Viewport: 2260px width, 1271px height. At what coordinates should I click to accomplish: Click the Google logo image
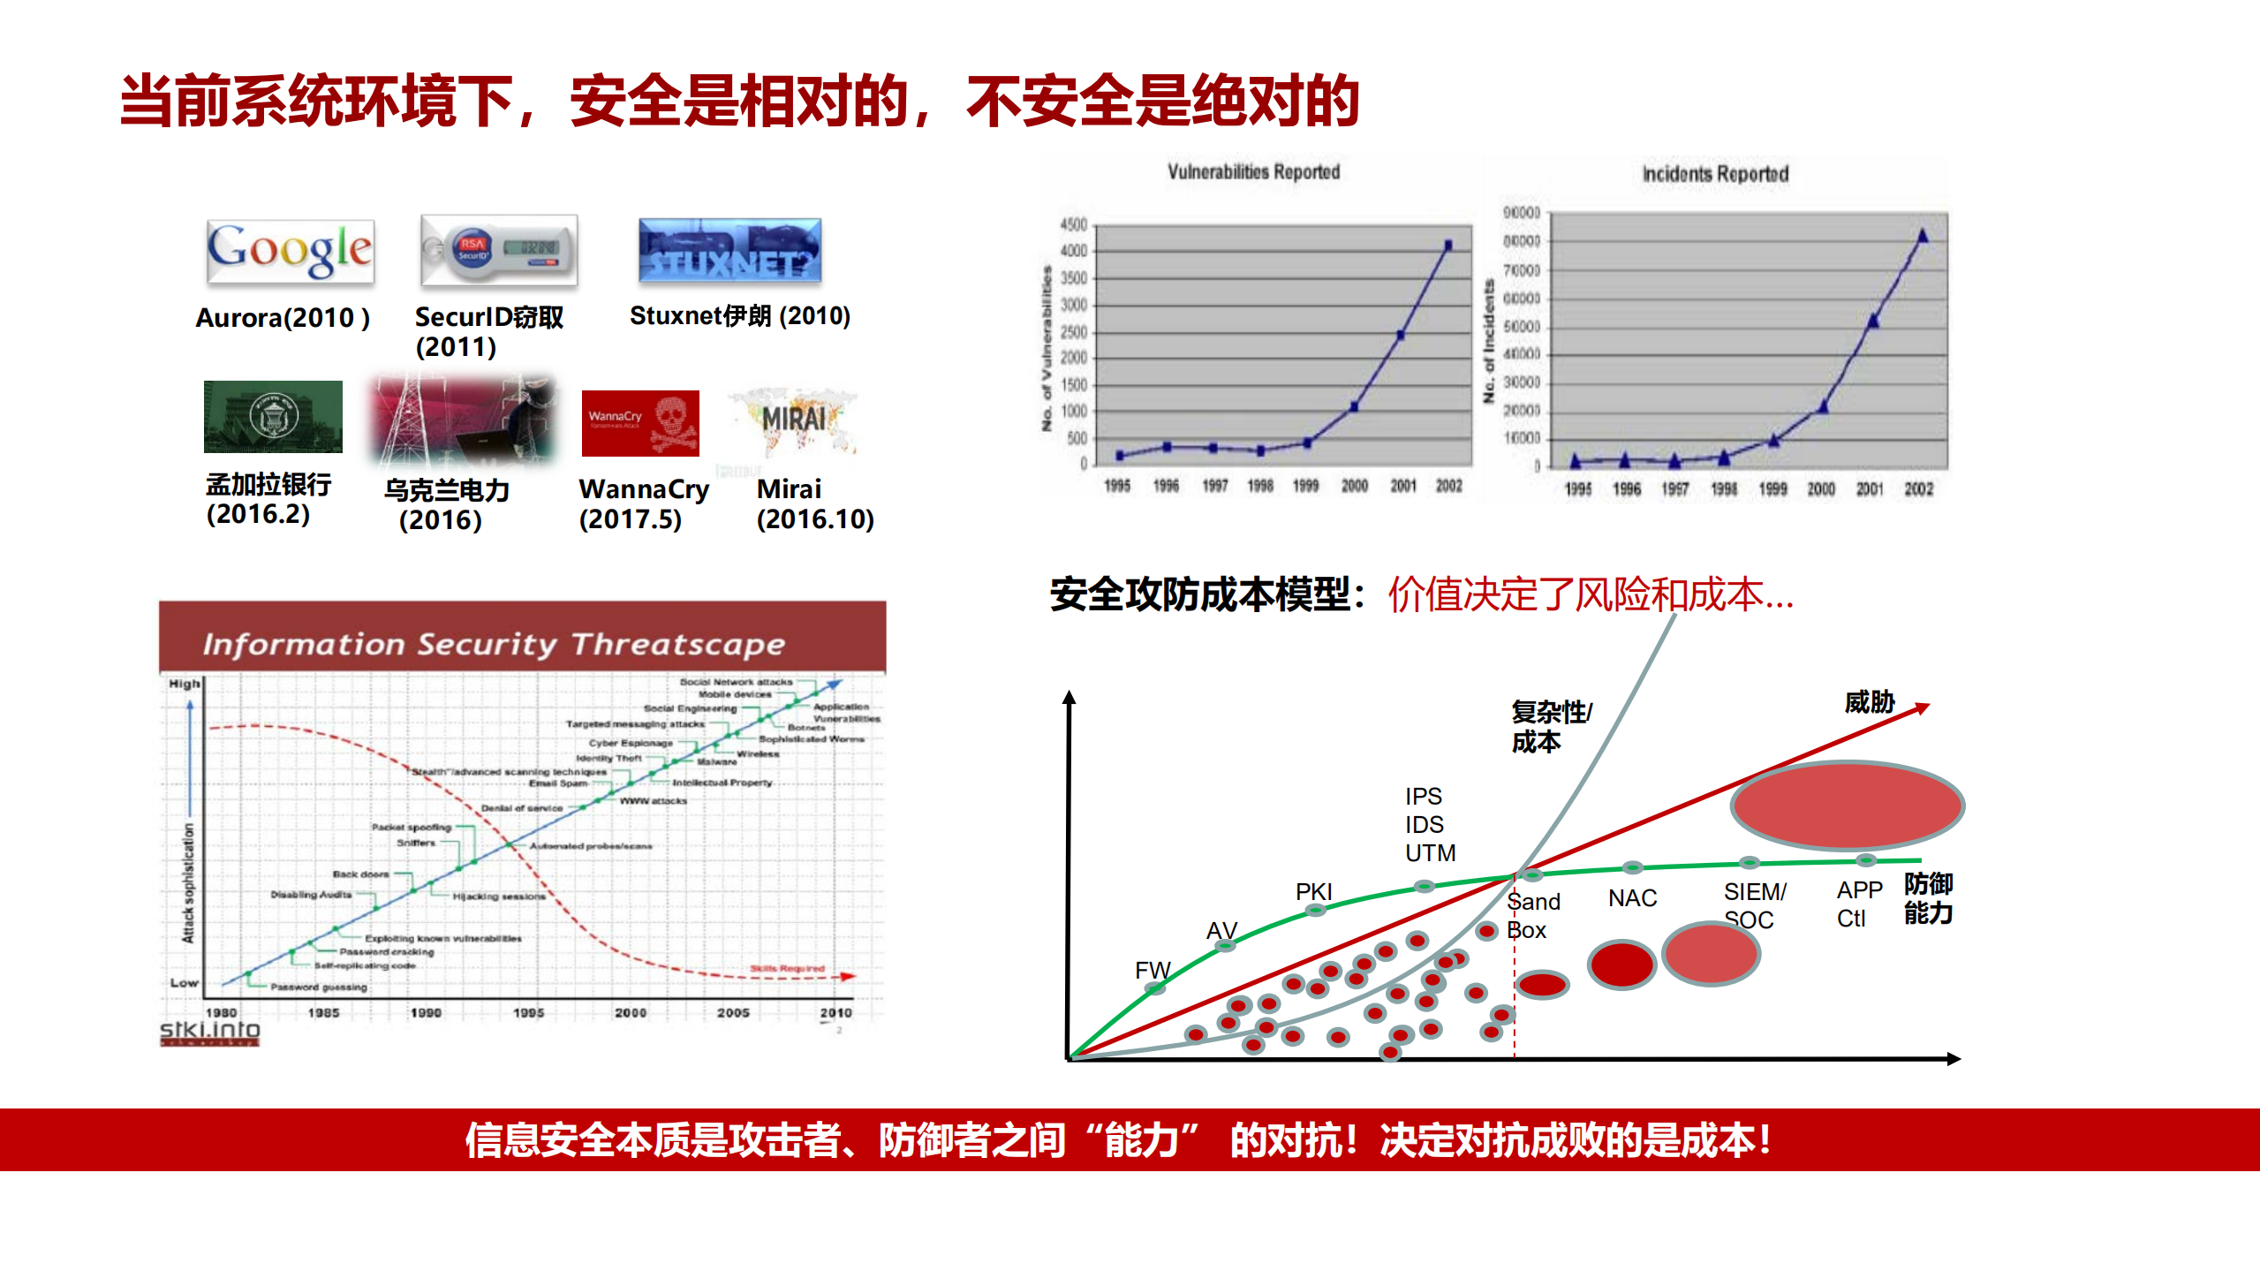point(291,251)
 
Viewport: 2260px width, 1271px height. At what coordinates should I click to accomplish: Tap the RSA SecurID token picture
point(499,250)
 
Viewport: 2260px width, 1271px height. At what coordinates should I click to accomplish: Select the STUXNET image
point(729,251)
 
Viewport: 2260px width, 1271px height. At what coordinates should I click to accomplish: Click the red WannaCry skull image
point(640,423)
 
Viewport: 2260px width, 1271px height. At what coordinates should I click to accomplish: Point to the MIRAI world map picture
point(793,421)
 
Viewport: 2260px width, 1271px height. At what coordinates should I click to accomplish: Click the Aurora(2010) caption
point(282,318)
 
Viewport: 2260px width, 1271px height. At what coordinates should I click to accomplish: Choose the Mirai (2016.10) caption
point(814,504)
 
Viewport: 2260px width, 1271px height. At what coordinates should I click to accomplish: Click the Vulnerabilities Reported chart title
point(1253,172)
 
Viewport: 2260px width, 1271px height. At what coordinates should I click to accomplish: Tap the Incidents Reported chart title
point(1715,174)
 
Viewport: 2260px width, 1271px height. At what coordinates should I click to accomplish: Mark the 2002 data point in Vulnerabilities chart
point(1448,246)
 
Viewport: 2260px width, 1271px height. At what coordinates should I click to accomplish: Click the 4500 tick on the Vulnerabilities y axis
point(1073,225)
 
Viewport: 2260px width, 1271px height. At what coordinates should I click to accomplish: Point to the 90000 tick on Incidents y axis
point(1521,213)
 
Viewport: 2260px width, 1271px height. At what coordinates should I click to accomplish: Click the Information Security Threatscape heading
point(494,644)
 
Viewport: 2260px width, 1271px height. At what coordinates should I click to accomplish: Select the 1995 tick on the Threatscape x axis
point(528,1013)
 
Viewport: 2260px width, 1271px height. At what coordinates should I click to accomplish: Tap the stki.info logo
point(209,1032)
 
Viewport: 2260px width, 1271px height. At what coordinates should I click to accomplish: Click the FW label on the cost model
point(1152,970)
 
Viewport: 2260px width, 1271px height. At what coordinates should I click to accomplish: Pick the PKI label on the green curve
point(1313,891)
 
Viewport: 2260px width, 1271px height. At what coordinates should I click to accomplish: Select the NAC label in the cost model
point(1632,898)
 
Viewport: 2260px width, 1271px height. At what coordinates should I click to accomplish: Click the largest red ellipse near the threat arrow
point(1847,806)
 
